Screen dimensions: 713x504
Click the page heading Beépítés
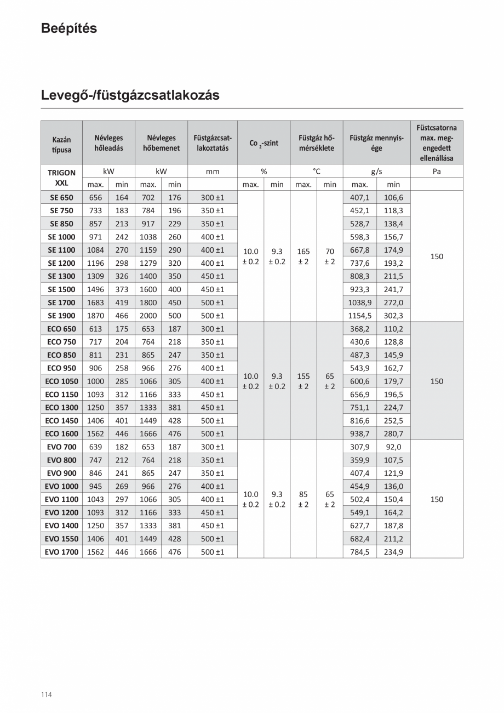[x=69, y=28]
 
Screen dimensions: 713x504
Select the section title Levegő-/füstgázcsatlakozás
[x=130, y=95]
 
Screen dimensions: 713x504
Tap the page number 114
[x=46, y=695]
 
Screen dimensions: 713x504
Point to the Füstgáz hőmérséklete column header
[x=316, y=143]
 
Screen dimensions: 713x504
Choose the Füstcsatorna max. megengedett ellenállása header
[x=436, y=142]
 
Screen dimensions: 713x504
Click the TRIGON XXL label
[x=61, y=178]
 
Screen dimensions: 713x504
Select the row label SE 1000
[x=61, y=237]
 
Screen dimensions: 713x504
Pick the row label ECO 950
[x=61, y=368]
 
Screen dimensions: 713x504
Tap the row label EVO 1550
[x=61, y=539]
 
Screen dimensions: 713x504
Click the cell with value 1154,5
[x=359, y=316]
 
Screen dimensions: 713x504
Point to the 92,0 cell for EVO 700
[x=393, y=447]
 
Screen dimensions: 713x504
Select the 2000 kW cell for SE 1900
[x=148, y=316]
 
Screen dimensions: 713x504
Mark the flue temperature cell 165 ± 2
[x=303, y=256]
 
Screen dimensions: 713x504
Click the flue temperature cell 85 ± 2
[x=303, y=499]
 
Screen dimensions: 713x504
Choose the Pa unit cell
[x=436, y=172]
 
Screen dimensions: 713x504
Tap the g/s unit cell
[x=376, y=172]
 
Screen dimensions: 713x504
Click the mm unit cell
[x=212, y=172]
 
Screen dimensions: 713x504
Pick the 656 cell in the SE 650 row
[x=95, y=197]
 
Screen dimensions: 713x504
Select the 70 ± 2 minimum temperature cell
[x=330, y=256]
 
